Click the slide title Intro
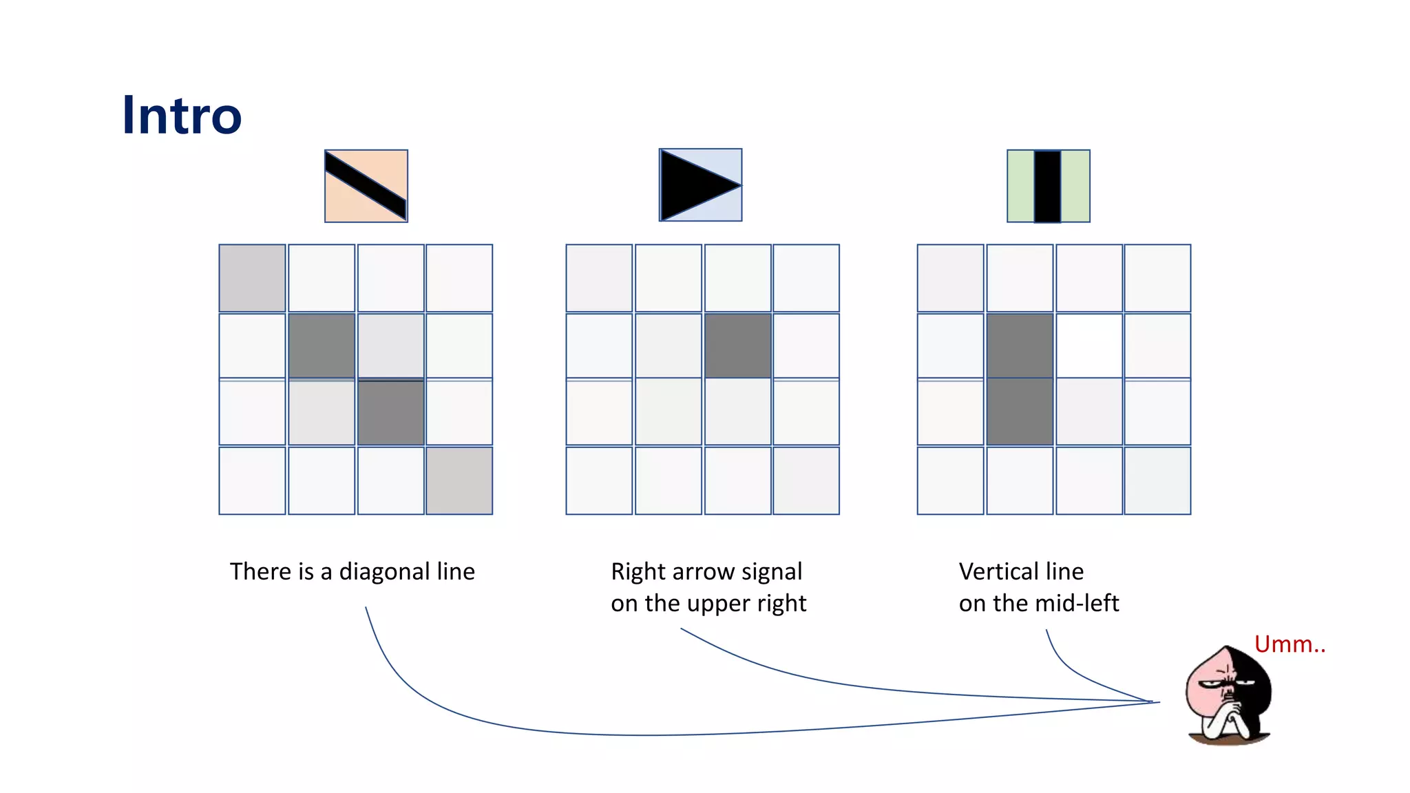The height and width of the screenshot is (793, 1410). (182, 115)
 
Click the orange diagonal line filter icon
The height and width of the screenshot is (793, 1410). (366, 186)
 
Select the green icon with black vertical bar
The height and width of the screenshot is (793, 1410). (1048, 186)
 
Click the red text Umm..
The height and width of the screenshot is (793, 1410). (1289, 644)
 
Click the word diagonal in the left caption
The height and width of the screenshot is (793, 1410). (384, 571)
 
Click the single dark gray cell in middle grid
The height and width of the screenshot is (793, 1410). (737, 346)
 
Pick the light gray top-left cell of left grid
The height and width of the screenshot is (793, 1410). (252, 278)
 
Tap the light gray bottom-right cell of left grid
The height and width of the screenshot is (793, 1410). (459, 480)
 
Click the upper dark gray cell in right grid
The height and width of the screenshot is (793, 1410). (1020, 346)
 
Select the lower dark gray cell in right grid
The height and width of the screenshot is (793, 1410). (1020, 412)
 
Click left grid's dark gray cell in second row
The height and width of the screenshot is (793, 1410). (322, 346)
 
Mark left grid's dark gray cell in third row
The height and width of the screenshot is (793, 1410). (390, 412)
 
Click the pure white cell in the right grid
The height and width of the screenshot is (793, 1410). (1088, 346)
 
